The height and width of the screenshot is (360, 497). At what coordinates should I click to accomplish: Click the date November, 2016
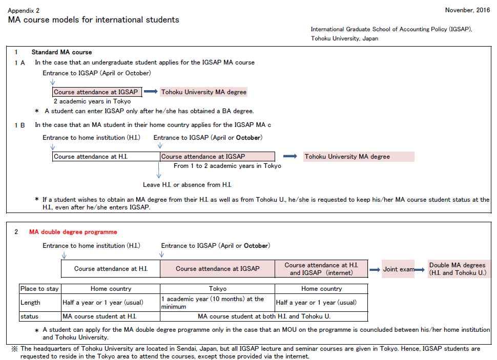tap(467, 10)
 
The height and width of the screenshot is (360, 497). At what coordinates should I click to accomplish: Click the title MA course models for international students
tap(93, 20)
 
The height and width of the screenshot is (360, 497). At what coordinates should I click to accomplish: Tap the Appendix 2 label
tap(24, 10)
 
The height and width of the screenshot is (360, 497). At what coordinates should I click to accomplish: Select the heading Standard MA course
tap(61, 52)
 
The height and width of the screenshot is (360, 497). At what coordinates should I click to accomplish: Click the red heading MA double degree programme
tap(73, 232)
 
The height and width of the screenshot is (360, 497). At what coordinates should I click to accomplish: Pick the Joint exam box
tap(398, 269)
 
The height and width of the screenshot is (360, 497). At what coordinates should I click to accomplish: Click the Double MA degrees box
tap(458, 269)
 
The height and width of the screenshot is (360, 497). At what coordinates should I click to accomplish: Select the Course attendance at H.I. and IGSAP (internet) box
tap(321, 269)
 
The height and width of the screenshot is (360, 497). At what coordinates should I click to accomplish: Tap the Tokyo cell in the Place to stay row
tap(217, 289)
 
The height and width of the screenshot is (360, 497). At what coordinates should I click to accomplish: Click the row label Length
tap(30, 303)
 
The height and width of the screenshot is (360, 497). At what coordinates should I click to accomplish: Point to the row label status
tap(29, 316)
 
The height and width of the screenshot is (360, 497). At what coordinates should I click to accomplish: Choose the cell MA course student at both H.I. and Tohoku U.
tap(264, 316)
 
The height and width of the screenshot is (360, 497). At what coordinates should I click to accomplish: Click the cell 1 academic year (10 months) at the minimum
tap(217, 302)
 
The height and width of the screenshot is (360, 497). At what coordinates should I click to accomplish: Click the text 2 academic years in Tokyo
tap(92, 101)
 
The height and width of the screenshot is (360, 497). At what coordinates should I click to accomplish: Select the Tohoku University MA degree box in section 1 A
tap(203, 92)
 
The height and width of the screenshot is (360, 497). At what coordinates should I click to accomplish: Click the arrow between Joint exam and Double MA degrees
tap(420, 269)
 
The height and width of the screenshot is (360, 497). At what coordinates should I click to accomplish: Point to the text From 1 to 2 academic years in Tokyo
tap(227, 166)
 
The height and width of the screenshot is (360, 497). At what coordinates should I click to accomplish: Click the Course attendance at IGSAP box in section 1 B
tap(217, 157)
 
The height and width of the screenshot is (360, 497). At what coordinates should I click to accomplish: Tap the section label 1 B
tap(19, 125)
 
